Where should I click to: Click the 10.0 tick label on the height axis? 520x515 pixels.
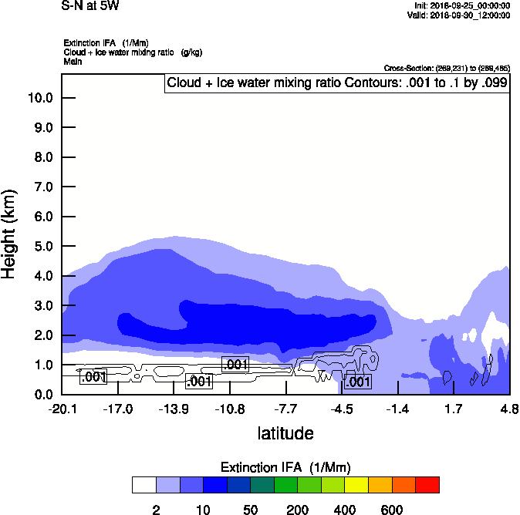(39, 98)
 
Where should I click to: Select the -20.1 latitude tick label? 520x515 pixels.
(62, 409)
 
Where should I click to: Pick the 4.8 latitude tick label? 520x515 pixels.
(508, 409)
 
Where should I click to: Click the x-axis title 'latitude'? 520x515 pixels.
(285, 433)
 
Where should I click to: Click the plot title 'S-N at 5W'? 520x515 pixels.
(90, 6)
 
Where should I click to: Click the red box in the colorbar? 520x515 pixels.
(427, 485)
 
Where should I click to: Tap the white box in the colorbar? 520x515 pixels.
(144, 485)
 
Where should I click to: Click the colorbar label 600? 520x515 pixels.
(392, 510)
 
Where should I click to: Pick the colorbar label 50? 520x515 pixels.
(251, 510)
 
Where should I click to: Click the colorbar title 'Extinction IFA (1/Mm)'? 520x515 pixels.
(285, 467)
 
